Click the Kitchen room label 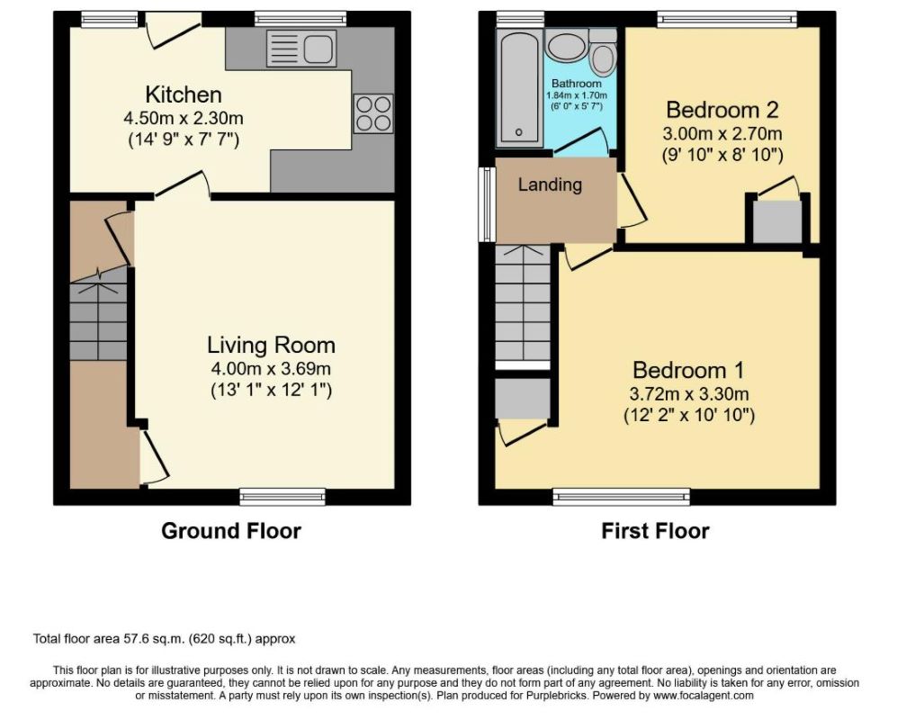point(183,94)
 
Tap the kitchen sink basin point(319,48)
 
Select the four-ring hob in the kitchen point(373,113)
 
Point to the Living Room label point(271,345)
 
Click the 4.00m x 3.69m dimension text point(271,369)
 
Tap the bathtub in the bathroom point(519,88)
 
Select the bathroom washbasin point(566,45)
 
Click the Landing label point(550,184)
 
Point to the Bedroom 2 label point(722,109)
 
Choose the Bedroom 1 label point(688,370)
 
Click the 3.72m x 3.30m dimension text point(689,394)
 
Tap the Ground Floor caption point(231,531)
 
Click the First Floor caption point(655,531)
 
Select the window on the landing point(487,204)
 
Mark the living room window point(283,498)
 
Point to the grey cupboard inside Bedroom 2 point(776,221)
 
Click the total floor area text point(164,639)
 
